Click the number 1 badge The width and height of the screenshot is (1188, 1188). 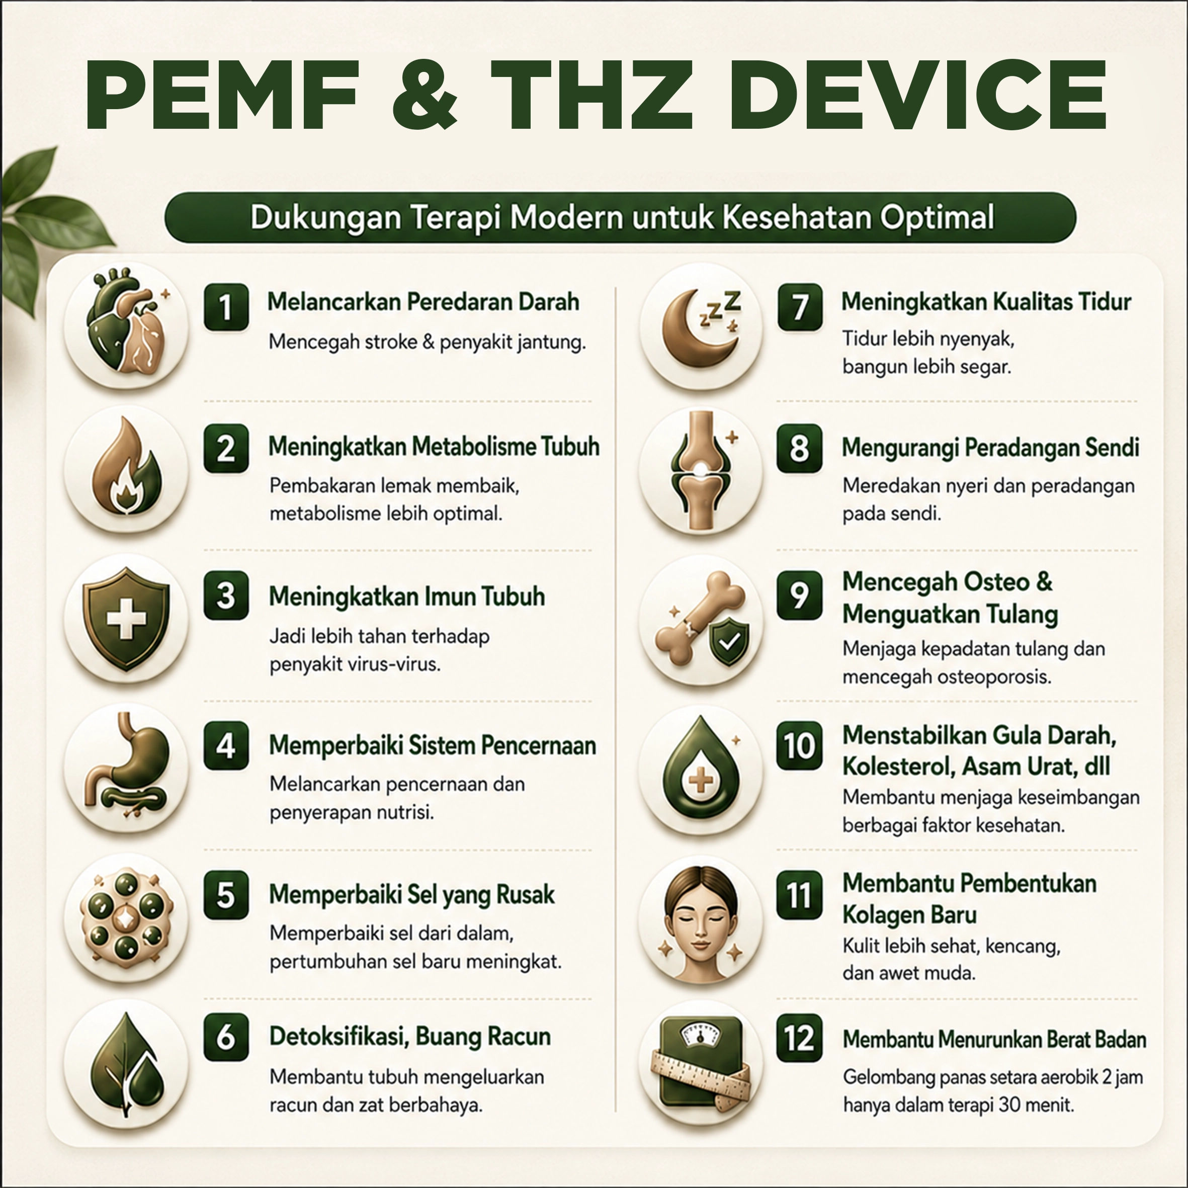pos(226,307)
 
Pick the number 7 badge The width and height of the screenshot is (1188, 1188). pos(799,307)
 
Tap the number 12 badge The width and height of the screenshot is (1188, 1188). pos(799,1039)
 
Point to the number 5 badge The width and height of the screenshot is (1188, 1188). pos(226,895)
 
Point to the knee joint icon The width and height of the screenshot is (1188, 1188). pos(701,470)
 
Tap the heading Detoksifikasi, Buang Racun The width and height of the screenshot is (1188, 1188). pos(410,1037)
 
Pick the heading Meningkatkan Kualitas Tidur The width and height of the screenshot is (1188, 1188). pos(986,302)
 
